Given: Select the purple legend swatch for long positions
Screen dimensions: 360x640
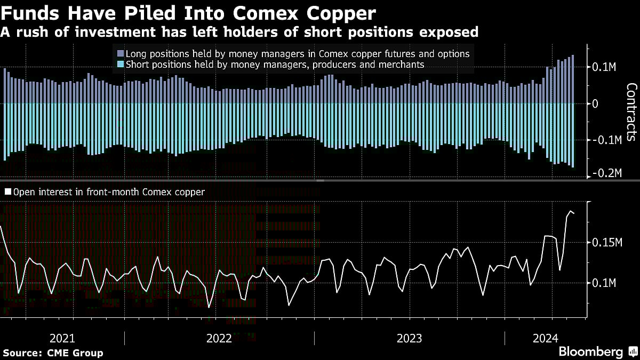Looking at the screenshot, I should [119, 54].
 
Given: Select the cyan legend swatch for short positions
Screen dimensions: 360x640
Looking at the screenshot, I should [119, 65].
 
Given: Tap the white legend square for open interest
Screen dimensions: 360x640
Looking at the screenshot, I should [8, 192].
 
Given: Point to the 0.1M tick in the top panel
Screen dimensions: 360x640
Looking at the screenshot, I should [604, 68].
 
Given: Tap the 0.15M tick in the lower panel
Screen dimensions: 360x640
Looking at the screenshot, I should [607, 243].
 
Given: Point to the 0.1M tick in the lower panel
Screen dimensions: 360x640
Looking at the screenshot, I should [604, 283].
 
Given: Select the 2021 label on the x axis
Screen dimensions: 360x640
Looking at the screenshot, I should [62, 338].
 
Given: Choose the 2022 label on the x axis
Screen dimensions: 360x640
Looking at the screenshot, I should [219, 338].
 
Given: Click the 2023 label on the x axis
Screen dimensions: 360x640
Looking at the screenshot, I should [409, 338].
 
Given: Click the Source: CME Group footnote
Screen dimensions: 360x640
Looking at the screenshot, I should [53, 353].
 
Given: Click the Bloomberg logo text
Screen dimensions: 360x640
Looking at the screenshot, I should [590, 352].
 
